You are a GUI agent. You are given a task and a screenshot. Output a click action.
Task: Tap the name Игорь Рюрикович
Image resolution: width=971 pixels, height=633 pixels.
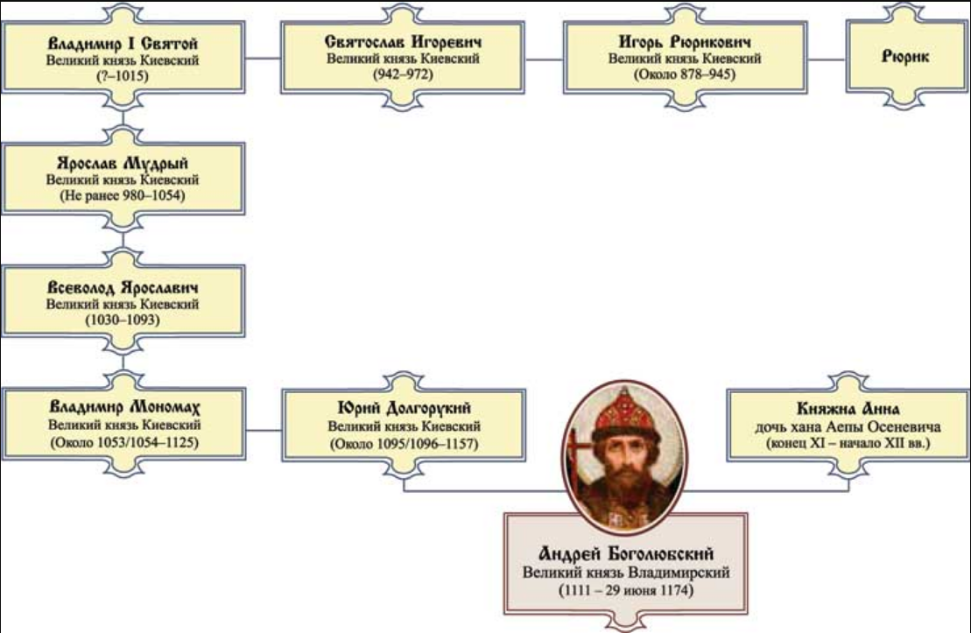tap(685, 43)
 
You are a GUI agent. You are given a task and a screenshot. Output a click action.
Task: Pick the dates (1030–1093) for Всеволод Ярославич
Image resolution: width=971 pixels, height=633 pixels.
tap(122, 321)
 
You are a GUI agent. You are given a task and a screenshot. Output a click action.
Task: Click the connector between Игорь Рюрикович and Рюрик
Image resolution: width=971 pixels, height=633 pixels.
tap(827, 60)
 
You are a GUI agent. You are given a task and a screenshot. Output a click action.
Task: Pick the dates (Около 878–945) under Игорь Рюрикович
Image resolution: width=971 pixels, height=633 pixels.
tap(685, 75)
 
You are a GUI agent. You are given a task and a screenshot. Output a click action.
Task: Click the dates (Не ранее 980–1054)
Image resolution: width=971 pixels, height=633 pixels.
tap(122, 196)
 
